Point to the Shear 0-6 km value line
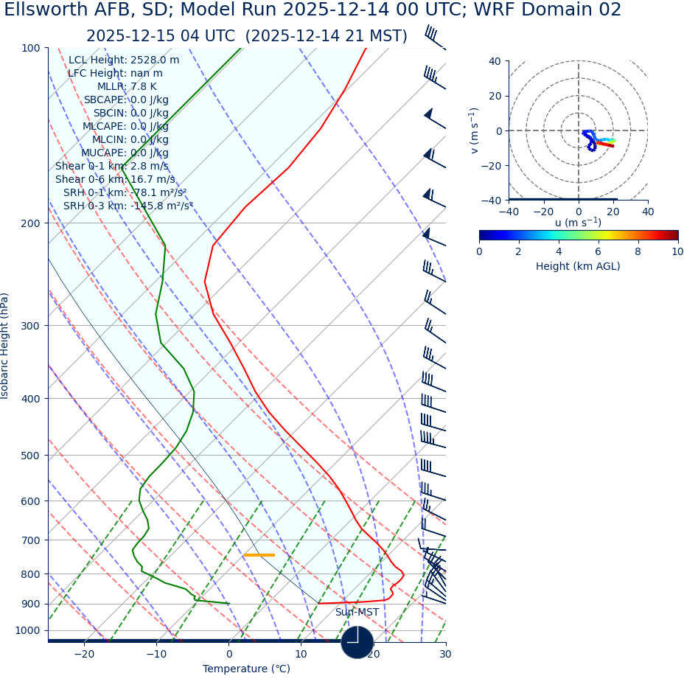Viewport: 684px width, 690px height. [115, 180]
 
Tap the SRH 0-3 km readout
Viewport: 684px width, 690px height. [128, 206]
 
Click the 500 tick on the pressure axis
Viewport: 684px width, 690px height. [31, 456]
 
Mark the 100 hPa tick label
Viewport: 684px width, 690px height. [31, 48]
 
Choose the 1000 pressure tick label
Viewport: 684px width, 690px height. [28, 630]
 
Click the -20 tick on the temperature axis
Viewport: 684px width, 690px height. [84, 654]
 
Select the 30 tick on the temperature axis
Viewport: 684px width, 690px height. [445, 654]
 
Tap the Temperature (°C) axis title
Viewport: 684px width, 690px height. [246, 669]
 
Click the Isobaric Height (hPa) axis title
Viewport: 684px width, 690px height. [5, 346]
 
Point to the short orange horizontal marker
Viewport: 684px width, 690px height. [259, 555]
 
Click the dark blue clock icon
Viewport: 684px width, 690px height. [357, 642]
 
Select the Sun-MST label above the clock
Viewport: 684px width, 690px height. [357, 613]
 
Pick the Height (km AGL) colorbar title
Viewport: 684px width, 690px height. [578, 267]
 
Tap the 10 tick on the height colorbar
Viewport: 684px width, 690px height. [677, 251]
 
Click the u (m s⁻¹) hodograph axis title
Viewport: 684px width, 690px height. [578, 223]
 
